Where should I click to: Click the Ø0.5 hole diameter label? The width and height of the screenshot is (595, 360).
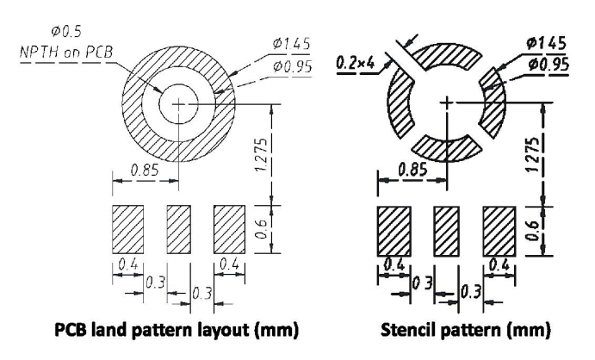[x=66, y=32]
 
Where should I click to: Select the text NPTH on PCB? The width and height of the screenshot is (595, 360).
[x=66, y=52]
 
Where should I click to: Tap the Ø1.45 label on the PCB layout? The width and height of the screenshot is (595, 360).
[x=291, y=44]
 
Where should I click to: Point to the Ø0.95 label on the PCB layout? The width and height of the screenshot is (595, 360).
[x=292, y=67]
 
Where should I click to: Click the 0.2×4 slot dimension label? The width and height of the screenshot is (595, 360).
[x=355, y=63]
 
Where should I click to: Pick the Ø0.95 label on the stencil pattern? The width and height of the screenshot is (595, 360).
[x=549, y=65]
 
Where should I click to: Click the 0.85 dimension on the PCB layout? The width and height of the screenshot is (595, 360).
[x=145, y=170]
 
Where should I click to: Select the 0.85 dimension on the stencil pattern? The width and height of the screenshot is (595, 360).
[x=412, y=169]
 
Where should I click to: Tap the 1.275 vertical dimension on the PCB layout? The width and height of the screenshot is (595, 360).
[x=262, y=154]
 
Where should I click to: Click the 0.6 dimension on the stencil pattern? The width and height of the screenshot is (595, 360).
[x=533, y=230]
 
